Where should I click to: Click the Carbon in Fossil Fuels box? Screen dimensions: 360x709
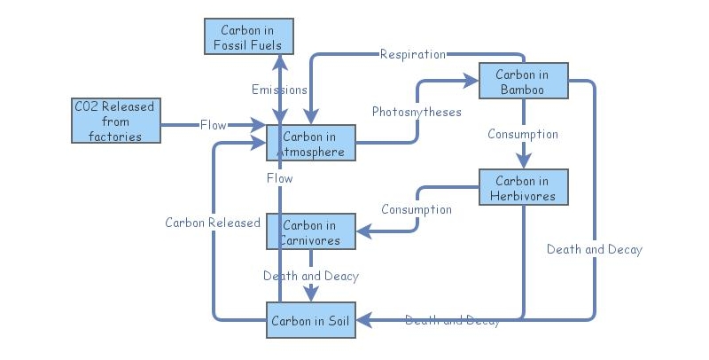[248, 37]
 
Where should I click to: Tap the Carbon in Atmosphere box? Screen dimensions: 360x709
[310, 143]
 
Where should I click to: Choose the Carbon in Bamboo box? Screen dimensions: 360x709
[523, 82]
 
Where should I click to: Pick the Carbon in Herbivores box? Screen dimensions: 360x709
[523, 188]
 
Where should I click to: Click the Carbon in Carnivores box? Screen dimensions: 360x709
[310, 231]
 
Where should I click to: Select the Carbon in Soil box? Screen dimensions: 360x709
[310, 320]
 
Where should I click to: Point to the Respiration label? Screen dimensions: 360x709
[412, 54]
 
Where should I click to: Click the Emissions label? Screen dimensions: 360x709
[279, 90]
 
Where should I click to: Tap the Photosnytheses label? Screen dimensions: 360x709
[417, 112]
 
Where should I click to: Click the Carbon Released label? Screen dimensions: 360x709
[213, 223]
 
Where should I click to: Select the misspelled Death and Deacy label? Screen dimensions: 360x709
[311, 276]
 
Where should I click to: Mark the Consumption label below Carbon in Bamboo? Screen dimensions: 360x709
[523, 135]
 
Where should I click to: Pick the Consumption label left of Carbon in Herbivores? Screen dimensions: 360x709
[417, 210]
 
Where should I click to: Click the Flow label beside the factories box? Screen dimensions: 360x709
[213, 125]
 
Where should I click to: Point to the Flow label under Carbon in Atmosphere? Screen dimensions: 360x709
[279, 178]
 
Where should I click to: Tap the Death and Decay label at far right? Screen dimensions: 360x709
[594, 249]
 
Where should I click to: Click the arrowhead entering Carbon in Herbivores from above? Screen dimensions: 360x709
[523, 160]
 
